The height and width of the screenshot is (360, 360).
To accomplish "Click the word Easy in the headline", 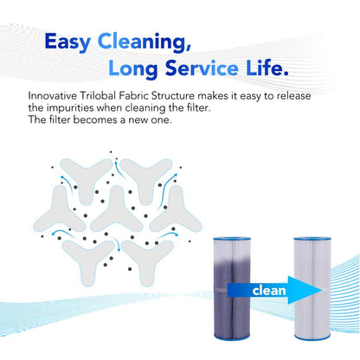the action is [x=67, y=42].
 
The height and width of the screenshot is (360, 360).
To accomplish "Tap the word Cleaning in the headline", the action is [x=145, y=42].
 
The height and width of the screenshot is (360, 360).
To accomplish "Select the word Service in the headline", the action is [x=202, y=68].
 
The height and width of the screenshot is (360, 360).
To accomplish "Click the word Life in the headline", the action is [x=267, y=67].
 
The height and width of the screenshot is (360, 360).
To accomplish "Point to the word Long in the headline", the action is [x=133, y=70].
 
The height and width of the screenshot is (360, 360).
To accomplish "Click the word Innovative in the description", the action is [x=53, y=96].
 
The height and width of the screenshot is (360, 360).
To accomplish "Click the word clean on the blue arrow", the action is [x=269, y=291].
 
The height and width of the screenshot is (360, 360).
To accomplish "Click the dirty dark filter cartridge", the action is [x=232, y=288].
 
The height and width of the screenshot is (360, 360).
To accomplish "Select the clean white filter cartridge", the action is [x=312, y=288].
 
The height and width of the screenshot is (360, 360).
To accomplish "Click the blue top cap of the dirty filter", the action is [x=232, y=239].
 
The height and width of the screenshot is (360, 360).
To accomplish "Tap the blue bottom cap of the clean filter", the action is [x=312, y=337].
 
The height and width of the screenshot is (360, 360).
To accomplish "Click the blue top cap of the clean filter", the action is [x=312, y=239].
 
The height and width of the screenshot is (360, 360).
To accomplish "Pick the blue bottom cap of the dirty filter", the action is [x=232, y=337].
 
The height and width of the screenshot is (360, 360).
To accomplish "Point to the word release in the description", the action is [x=293, y=96].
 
